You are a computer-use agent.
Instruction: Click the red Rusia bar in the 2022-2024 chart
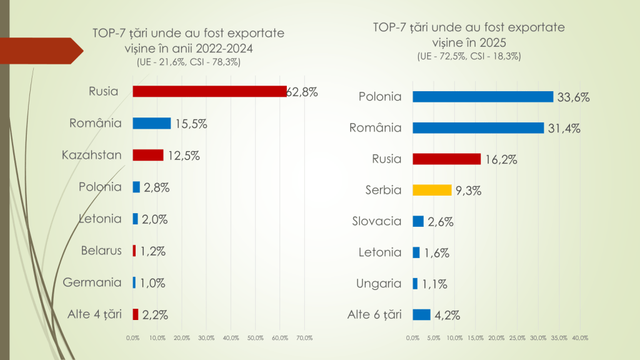[209, 91]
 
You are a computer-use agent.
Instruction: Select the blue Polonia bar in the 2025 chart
[482, 97]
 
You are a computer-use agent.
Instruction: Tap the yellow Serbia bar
[432, 190]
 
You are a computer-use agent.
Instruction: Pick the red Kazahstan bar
[148, 155]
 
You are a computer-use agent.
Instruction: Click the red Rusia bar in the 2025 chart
[446, 159]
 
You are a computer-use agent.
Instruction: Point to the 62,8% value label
[303, 92]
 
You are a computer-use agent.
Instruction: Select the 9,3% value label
[468, 191]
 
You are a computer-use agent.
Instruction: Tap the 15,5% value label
[191, 124]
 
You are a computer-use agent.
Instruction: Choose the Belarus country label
[101, 251]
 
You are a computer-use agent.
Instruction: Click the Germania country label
[92, 282]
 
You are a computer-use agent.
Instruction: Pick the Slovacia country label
[376, 221]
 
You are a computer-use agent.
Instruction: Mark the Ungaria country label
[379, 283]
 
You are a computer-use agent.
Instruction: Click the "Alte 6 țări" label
[374, 314]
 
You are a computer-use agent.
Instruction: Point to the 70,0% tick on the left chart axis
[304, 338]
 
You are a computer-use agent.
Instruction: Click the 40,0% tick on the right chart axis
[580, 338]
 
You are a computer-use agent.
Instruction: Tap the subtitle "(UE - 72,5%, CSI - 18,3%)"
[469, 56]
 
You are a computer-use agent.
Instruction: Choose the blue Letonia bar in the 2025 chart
[416, 252]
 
